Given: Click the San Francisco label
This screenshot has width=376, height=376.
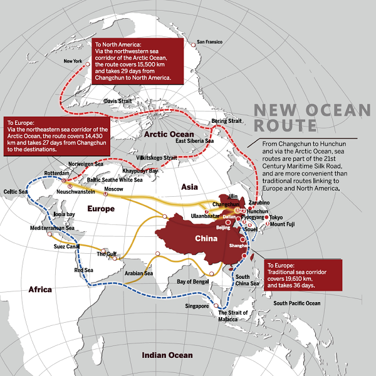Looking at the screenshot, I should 210,43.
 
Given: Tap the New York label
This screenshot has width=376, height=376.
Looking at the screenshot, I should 73,61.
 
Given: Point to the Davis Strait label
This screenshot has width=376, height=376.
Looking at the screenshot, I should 118,100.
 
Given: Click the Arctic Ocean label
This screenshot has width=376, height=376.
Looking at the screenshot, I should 169,133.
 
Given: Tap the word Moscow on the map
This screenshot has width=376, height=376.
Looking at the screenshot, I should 113,189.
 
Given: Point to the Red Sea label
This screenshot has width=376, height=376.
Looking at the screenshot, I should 83,270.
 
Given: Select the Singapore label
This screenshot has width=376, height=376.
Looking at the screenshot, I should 196,306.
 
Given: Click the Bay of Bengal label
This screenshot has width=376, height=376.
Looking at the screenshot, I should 192,281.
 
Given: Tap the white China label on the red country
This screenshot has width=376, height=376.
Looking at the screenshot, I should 206,239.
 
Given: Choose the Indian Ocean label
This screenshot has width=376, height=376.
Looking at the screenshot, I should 167,355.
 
